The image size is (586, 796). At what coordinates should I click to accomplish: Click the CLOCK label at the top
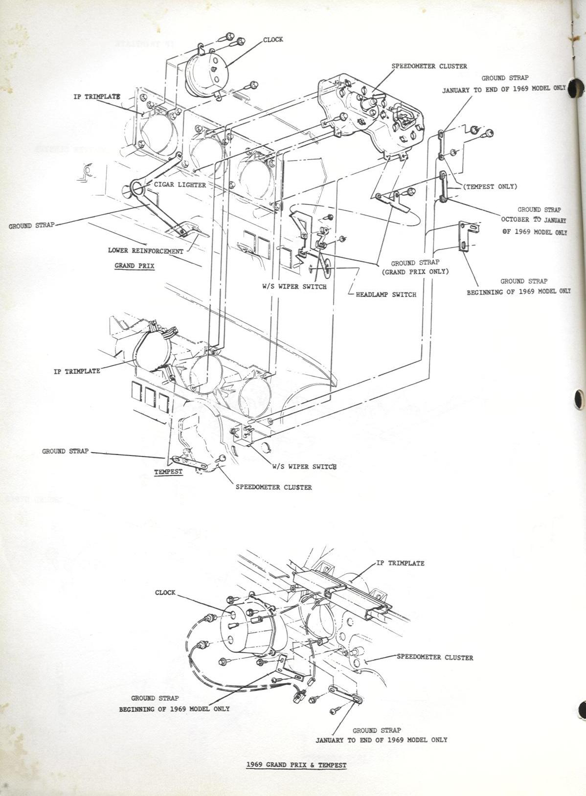tap(273, 40)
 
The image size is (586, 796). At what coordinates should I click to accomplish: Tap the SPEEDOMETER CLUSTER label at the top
tap(429, 66)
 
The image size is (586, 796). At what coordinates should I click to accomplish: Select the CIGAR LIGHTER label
tap(180, 185)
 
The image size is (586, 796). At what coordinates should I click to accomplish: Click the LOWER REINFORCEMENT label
tap(146, 251)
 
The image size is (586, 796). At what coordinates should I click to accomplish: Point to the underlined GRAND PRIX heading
tap(135, 266)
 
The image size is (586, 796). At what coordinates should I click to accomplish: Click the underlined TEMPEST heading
tap(168, 472)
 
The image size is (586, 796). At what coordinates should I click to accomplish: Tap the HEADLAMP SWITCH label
tap(386, 295)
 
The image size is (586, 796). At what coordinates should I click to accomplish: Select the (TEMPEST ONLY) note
tap(490, 186)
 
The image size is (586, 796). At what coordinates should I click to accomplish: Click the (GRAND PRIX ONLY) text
tap(415, 272)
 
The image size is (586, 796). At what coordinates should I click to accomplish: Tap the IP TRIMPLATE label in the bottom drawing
tap(401, 563)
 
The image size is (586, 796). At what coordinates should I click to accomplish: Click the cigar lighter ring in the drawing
tap(137, 188)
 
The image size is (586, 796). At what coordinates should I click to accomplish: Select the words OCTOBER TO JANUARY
tap(533, 220)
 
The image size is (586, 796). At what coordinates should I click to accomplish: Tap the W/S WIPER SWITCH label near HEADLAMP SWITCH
tap(294, 286)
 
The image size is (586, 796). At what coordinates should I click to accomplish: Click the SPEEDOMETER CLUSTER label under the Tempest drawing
tap(273, 487)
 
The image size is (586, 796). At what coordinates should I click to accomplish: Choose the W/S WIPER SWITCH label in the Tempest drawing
tap(304, 467)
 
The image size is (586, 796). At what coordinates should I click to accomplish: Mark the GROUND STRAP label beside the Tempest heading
tap(65, 451)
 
